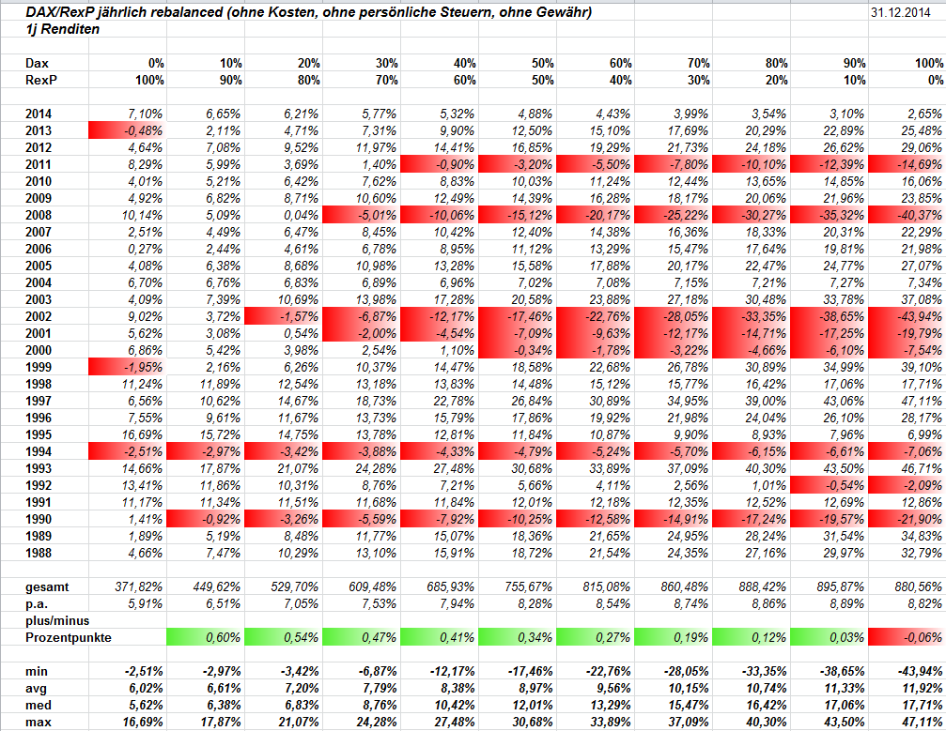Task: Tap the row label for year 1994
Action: click(40, 450)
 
